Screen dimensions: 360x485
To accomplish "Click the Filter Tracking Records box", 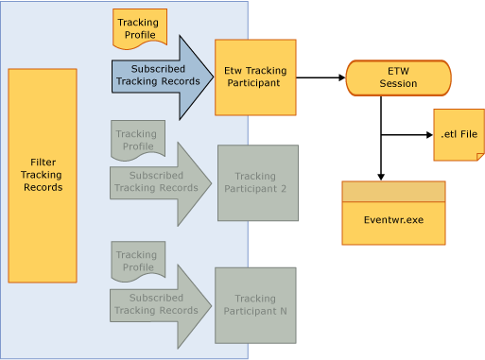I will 43,176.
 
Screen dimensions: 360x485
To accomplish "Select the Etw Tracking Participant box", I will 255,77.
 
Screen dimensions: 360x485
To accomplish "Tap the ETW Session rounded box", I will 398,77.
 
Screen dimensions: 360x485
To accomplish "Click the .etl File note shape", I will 459,135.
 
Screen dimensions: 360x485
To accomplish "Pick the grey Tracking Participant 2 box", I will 257,182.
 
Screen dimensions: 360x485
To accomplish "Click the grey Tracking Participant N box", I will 255,305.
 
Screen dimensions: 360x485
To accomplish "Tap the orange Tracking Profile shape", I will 140,28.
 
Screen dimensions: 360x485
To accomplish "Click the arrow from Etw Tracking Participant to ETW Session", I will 320,77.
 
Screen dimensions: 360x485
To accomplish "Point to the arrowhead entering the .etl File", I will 427,135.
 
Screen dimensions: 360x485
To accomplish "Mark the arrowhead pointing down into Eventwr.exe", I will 381,175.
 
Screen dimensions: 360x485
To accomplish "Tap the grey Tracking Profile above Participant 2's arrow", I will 138,140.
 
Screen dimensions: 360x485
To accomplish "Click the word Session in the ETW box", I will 398,84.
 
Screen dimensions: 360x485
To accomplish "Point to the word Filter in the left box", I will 43,163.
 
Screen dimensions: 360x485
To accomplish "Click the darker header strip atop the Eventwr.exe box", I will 393,192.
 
